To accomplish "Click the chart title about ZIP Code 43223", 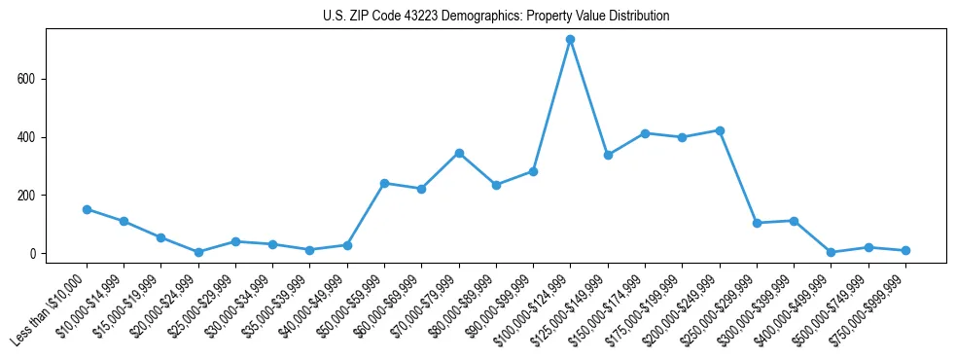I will point(495,16).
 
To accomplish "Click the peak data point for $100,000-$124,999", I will point(571,39).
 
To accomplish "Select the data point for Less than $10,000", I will point(88,209).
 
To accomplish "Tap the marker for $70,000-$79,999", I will point(459,153).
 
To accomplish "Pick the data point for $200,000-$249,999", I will point(720,130).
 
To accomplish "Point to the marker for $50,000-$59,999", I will point(385,183).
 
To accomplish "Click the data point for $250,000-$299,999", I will point(757,223).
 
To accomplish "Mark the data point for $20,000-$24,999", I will point(198,252).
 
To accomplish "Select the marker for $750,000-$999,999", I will point(905,251).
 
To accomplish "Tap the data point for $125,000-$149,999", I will point(608,155).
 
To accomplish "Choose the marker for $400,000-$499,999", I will point(831,252).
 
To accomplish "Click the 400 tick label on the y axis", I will point(29,137).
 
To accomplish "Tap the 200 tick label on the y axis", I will point(29,196).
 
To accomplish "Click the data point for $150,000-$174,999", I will point(645,133).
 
